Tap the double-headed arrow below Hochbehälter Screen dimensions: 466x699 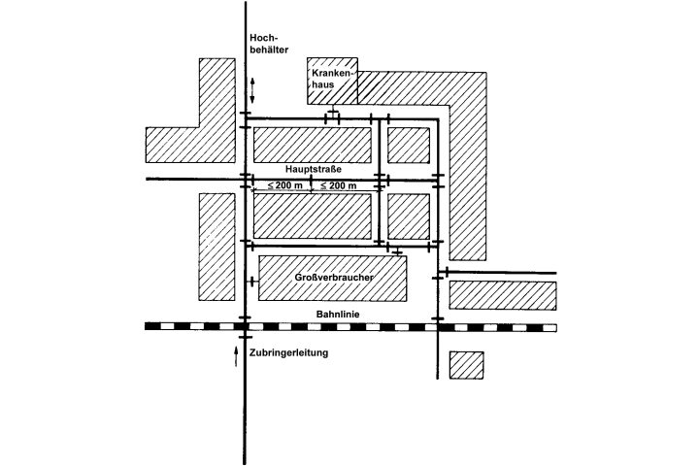coord(252,90)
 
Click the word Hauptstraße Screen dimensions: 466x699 coord(314,169)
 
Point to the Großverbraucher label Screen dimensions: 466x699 coord(332,278)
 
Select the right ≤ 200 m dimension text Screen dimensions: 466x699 coord(339,185)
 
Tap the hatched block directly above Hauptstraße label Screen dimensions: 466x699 coord(313,145)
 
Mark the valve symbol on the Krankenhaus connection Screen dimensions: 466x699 coord(332,116)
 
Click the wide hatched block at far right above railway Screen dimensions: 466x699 coord(502,295)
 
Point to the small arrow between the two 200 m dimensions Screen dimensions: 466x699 coord(310,184)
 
